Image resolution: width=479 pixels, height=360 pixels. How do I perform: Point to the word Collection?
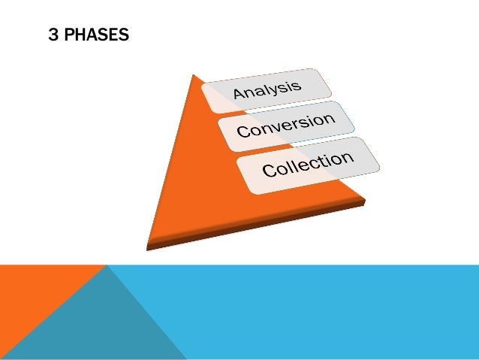click(x=308, y=164)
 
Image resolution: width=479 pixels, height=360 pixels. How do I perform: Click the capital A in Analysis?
click(x=240, y=95)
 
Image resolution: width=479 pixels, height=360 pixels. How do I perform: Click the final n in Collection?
click(x=346, y=156)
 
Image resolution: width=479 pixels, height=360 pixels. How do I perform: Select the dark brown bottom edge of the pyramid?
click(x=255, y=226)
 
